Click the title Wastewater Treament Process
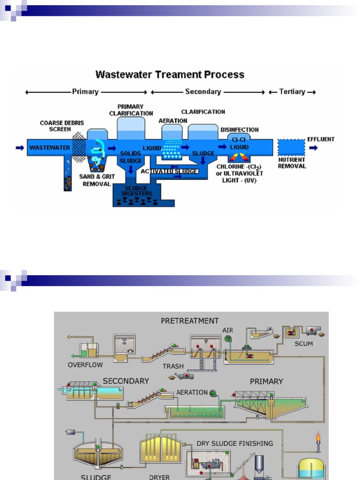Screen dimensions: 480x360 click(x=170, y=75)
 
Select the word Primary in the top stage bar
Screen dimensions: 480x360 click(x=85, y=92)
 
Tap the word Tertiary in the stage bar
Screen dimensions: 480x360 click(x=292, y=92)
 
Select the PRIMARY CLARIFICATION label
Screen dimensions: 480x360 click(x=131, y=110)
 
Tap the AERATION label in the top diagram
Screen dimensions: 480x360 click(x=172, y=120)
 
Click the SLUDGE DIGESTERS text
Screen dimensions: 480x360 click(x=136, y=190)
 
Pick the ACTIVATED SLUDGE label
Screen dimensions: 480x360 click(x=169, y=171)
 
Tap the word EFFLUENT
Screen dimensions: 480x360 click(x=321, y=139)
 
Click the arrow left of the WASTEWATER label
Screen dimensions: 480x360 click(x=20, y=148)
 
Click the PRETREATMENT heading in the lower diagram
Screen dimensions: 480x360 click(x=189, y=321)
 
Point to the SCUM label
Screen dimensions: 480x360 click(x=303, y=344)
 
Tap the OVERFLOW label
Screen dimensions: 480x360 click(x=85, y=364)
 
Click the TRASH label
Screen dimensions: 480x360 click(x=173, y=366)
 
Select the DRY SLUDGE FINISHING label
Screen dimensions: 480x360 click(x=234, y=443)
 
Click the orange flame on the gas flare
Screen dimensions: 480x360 click(x=318, y=438)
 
